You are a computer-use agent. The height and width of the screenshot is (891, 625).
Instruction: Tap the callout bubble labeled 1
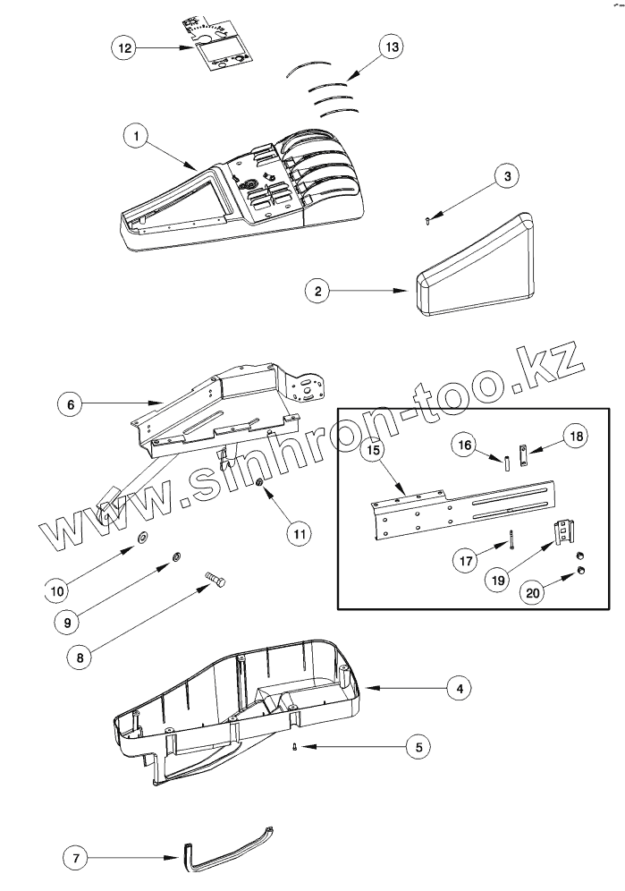click(135, 136)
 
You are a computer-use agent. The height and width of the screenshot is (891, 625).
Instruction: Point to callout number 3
click(507, 176)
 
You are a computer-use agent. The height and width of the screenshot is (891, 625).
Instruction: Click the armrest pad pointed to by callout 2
click(474, 269)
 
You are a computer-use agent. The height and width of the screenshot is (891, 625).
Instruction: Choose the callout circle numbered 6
click(71, 403)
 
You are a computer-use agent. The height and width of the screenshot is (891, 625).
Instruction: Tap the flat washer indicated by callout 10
click(142, 538)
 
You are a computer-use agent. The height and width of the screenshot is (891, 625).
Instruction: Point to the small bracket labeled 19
click(562, 534)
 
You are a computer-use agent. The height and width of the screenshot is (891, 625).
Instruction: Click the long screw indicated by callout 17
click(511, 540)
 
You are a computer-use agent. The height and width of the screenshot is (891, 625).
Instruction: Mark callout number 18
click(574, 436)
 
